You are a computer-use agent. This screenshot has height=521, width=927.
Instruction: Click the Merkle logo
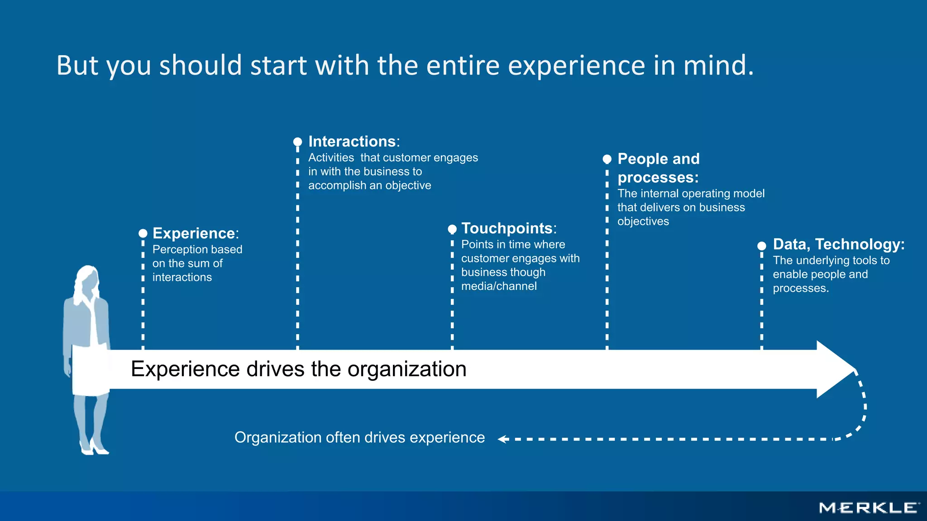click(869, 508)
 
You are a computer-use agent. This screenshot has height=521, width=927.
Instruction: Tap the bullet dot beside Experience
click(143, 233)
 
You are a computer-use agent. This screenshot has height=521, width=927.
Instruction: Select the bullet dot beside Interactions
click(297, 142)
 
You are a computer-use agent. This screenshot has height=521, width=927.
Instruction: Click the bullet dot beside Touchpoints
click(452, 229)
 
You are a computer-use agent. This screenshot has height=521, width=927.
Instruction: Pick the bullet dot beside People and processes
click(607, 159)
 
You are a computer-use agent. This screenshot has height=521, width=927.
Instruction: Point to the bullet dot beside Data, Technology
click(762, 246)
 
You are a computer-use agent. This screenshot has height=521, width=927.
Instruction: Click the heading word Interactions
click(352, 142)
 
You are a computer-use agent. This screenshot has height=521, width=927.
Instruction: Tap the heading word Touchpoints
click(507, 228)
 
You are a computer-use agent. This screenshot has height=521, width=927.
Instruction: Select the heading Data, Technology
click(838, 244)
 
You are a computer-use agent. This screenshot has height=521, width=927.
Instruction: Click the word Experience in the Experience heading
click(194, 233)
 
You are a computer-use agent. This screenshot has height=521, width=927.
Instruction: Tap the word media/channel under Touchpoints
click(499, 286)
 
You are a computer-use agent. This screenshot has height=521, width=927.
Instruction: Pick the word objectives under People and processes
click(643, 222)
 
